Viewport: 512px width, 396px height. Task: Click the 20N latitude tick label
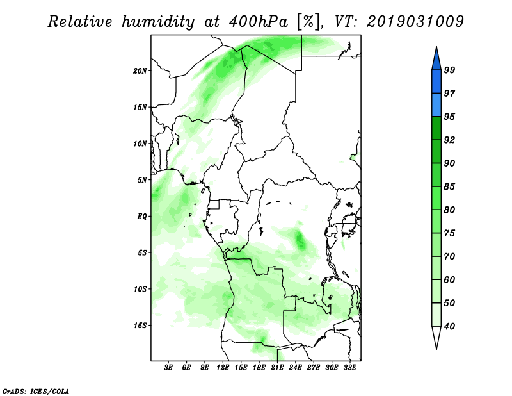pos(140,71)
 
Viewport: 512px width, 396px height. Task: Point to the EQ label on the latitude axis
pos(142,217)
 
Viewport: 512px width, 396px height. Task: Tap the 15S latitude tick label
pos(140,326)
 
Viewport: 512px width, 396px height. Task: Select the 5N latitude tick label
pos(142,180)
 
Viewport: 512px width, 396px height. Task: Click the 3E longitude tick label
pos(168,367)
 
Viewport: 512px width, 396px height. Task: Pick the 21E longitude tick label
pos(277,367)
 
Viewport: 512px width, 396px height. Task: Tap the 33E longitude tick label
pos(349,367)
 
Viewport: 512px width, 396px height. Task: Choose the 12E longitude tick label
pos(223,367)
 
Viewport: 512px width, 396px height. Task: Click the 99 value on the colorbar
pos(449,70)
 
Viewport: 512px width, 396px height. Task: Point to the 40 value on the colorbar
pos(449,326)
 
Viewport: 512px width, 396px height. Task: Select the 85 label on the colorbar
pos(449,186)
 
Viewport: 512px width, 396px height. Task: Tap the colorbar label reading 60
pos(449,279)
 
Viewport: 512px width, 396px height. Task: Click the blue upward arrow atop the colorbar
pos(436,59)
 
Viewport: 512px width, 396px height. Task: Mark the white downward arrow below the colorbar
pos(436,337)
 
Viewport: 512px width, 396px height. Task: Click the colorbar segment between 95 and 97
pos(436,105)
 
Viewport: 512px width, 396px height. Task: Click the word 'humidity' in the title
pos(158,22)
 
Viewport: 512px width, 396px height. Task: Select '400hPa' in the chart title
pos(259,22)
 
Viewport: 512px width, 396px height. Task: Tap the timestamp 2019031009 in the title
pos(415,22)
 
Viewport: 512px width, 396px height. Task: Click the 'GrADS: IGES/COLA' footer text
pos(36,391)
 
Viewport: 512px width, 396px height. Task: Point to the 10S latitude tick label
pos(140,289)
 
